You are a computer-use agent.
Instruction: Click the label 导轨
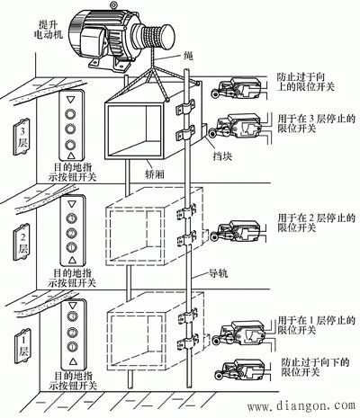pos(220,274)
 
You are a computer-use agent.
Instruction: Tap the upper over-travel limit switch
pos(233,87)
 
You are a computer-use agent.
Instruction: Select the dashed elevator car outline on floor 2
pos(144,236)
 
